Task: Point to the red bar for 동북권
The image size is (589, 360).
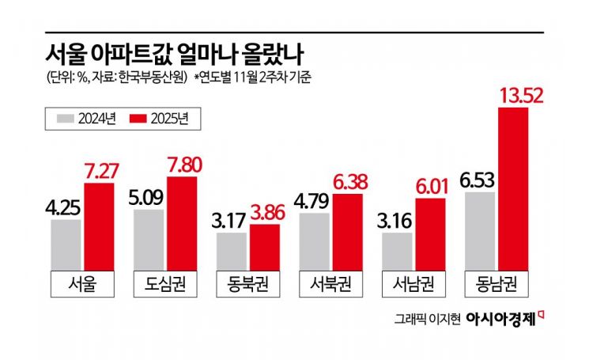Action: tap(264, 248)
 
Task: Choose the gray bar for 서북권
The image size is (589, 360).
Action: tap(315, 241)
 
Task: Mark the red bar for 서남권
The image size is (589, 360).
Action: tap(430, 234)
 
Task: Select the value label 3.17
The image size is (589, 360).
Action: tap(232, 214)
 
